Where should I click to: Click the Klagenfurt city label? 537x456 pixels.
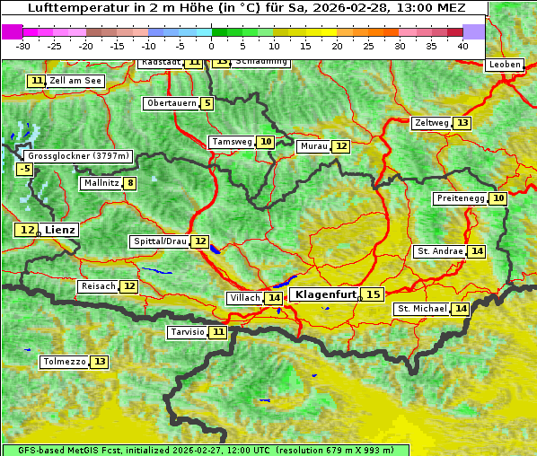click(x=326, y=294)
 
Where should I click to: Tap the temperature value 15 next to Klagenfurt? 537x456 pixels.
click(x=373, y=294)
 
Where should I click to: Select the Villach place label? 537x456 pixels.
click(x=245, y=298)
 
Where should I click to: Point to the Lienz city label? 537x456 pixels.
click(x=60, y=230)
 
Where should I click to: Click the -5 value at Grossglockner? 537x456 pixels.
click(x=24, y=169)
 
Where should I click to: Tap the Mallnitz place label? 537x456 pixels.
click(x=100, y=183)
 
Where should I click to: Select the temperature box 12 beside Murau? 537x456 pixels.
click(x=340, y=146)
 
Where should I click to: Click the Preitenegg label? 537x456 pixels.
click(x=460, y=198)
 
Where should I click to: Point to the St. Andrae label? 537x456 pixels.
click(x=440, y=251)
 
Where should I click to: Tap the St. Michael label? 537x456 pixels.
click(x=422, y=309)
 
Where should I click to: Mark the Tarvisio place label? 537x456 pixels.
click(x=188, y=332)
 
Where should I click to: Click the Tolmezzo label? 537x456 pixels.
click(x=64, y=362)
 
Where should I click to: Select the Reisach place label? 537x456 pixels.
click(x=98, y=286)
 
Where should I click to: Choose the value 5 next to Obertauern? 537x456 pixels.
click(x=207, y=103)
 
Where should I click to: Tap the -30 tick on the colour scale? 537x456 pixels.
click(x=23, y=45)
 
